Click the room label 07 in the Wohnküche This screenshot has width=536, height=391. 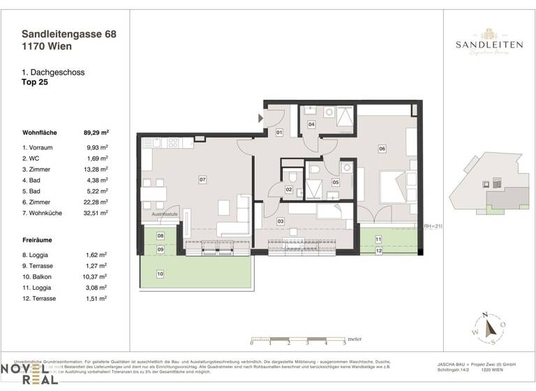point(202,180)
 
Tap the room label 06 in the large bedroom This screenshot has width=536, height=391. point(382,148)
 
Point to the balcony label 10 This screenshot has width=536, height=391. point(160,274)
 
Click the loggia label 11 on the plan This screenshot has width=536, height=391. point(378,239)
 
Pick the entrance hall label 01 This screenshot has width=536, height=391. point(278,132)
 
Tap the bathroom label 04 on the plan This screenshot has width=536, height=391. point(311,124)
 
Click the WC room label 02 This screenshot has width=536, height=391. point(288,189)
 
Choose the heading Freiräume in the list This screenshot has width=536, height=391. point(38,240)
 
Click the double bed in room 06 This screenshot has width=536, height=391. point(396,186)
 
